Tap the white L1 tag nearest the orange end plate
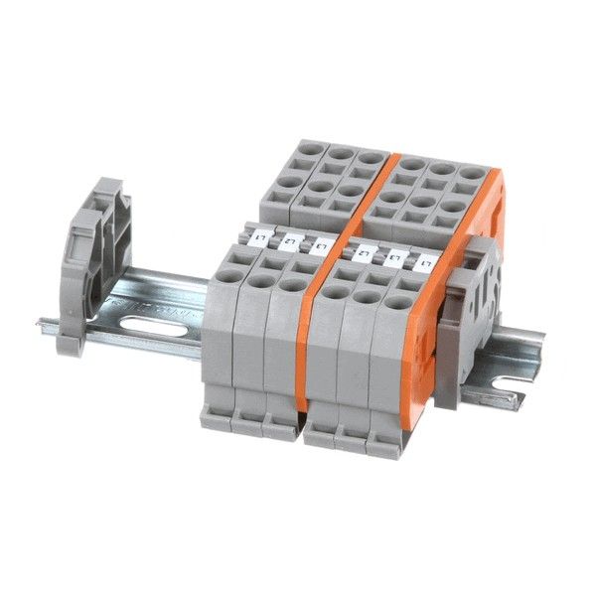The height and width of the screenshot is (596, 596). pyautogui.click(x=425, y=263)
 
